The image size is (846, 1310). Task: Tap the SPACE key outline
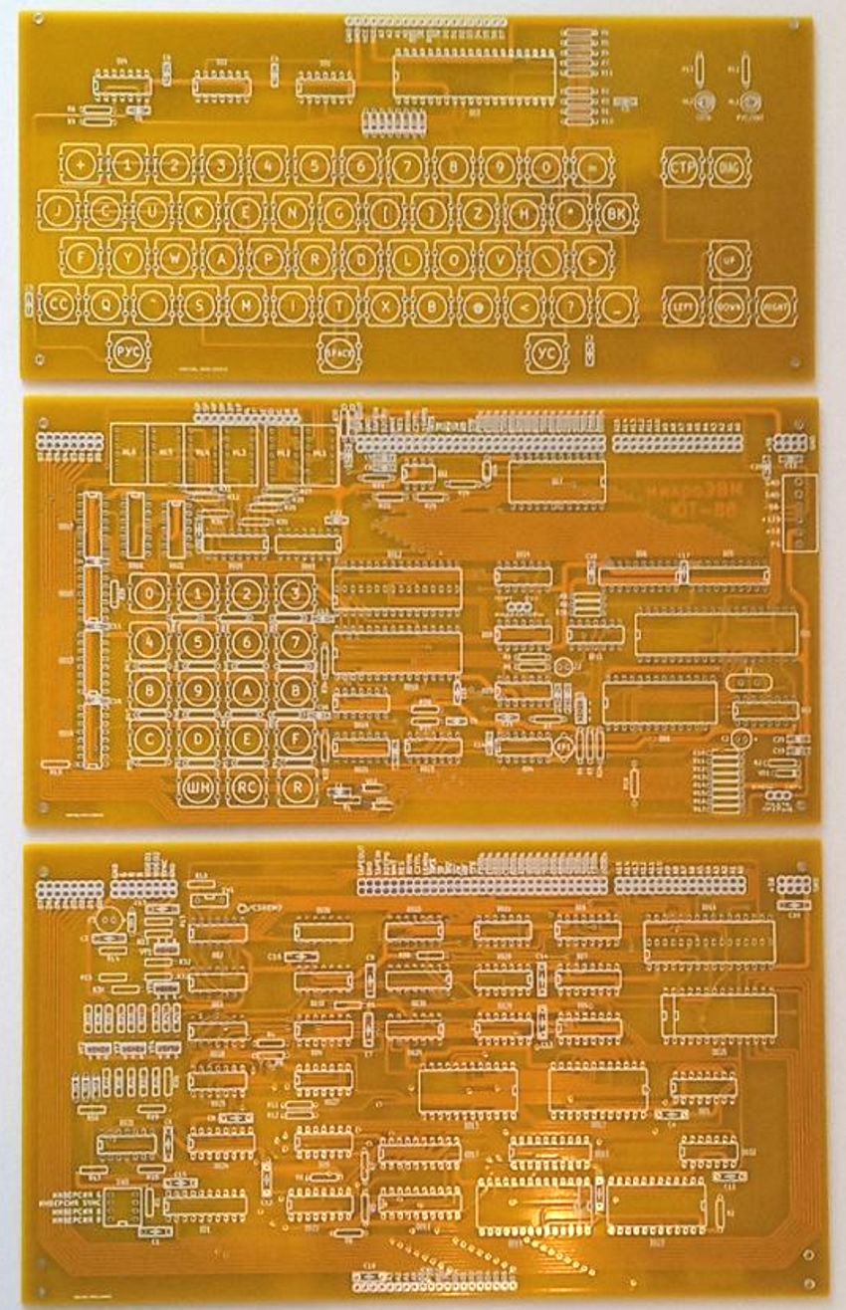(336, 351)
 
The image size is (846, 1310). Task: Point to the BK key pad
(617, 212)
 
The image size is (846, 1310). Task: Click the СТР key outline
(683, 166)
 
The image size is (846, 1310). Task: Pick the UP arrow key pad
(730, 259)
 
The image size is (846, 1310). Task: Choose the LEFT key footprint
(683, 306)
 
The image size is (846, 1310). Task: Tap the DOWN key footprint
(730, 306)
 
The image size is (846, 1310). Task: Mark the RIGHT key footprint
(775, 306)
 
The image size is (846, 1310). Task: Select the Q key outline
(105, 305)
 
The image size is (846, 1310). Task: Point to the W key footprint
(175, 259)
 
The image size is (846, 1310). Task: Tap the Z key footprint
(478, 212)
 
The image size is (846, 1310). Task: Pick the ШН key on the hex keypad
(197, 786)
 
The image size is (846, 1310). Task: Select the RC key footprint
(246, 786)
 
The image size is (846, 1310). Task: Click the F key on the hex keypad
(295, 739)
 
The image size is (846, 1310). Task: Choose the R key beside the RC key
(295, 786)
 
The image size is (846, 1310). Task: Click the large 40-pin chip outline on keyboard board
(474, 76)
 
